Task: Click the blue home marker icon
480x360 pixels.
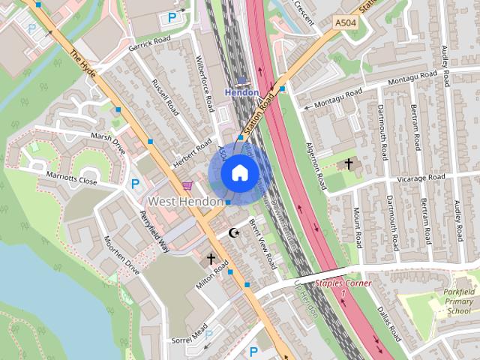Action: coord(238,172)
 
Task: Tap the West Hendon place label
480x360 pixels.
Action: coord(184,202)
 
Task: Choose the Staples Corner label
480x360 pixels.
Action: coord(343,283)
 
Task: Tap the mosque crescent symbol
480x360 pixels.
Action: coord(233,233)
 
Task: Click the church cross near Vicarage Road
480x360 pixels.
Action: coord(349,163)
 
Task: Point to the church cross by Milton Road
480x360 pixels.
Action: coord(211,258)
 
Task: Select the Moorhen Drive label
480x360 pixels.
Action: coord(121,257)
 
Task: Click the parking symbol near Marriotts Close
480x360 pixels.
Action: coord(136,183)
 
